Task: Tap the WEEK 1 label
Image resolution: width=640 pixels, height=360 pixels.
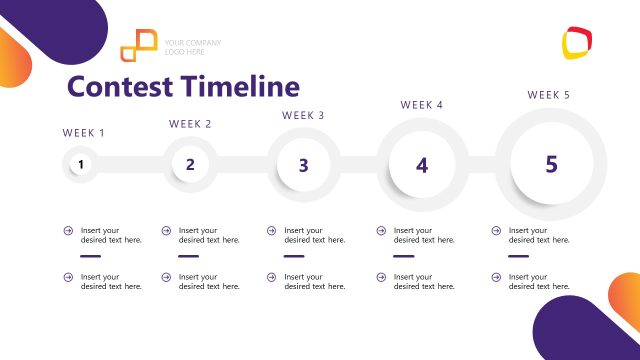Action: coord(84,133)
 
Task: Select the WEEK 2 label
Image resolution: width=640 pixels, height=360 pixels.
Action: coord(190,125)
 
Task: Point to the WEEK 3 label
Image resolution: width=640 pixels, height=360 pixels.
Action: coord(303,116)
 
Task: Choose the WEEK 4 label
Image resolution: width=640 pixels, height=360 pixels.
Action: coord(422,105)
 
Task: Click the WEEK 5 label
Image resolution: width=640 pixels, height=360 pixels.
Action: coord(549,95)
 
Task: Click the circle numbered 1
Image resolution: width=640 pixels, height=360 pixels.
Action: coord(82,165)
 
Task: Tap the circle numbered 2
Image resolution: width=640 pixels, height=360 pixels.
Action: coord(190,165)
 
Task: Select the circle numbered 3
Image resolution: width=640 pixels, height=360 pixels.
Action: coord(303,165)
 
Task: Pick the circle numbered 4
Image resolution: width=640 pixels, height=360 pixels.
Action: coord(422,165)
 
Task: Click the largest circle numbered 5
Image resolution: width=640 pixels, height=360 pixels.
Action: coord(551,164)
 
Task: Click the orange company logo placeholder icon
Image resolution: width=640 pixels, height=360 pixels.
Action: coord(139,45)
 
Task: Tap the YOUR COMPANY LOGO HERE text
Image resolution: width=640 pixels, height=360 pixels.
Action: coord(193,47)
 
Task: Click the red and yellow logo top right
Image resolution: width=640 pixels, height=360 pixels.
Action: coord(577,42)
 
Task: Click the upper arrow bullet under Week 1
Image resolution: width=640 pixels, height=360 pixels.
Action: coord(68,231)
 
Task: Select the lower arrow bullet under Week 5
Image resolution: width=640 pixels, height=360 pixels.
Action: coord(496,277)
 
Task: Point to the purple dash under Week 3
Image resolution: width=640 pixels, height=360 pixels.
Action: coord(294,256)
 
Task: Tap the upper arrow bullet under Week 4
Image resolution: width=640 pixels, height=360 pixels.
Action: coord(381,231)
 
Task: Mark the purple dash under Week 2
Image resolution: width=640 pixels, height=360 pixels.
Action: coord(189,256)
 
